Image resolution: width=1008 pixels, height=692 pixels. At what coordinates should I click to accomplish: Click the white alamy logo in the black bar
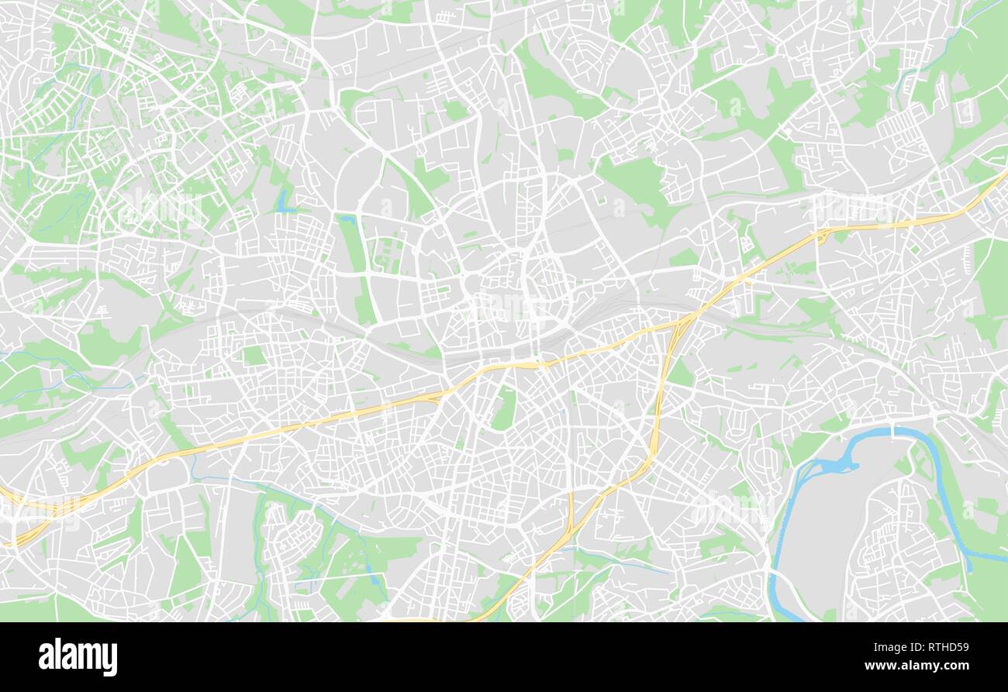(78, 657)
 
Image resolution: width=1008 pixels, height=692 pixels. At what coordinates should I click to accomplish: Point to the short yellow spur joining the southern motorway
(571, 511)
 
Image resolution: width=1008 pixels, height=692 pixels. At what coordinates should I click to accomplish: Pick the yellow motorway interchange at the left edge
(23, 519)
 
